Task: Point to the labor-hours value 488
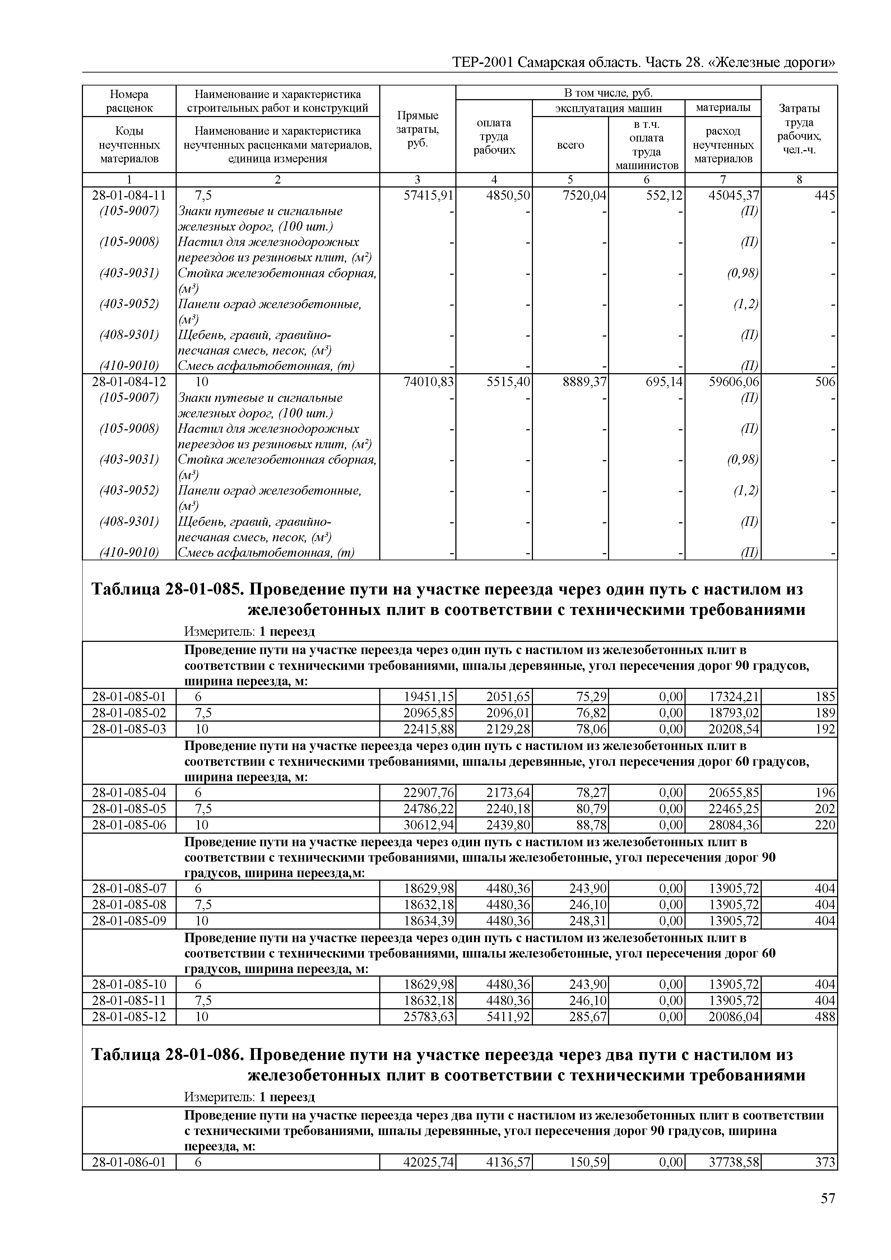[825, 1016]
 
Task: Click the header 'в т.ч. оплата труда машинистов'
[646, 145]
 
